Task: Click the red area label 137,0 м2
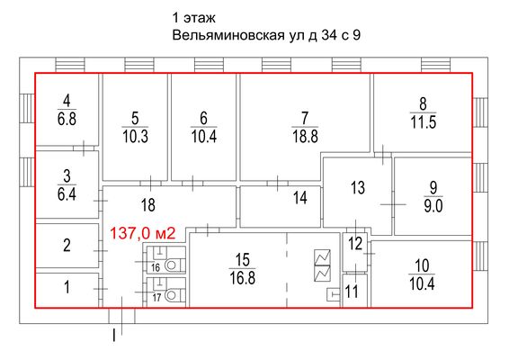[142, 231]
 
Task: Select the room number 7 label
[305, 117]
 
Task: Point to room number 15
[241, 260]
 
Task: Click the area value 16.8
[241, 278]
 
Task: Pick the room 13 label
[358, 187]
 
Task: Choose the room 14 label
[300, 197]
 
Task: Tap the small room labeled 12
[355, 243]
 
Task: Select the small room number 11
[351, 290]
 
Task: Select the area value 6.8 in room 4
[67, 117]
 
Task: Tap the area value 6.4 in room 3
[67, 193]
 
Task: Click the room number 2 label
[67, 245]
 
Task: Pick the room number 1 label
[67, 289]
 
